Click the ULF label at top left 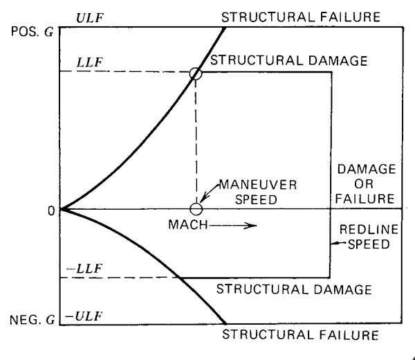pos(90,18)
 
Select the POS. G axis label pos(33,32)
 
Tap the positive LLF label pos(89,62)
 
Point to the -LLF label pos(84,269)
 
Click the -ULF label pos(84,316)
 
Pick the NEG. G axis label pos(33,320)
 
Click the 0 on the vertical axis pos(51,211)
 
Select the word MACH pos(188,224)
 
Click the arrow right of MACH pos(233,226)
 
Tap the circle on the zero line pos(196,203)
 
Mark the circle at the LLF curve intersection pos(196,68)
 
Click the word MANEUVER pos(258,185)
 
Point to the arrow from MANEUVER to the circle pos(208,192)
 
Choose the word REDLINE pos(369,229)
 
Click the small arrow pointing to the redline pos(339,243)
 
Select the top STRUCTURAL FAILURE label pos(301,17)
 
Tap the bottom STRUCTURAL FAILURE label pos(300,334)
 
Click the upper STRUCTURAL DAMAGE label pos(288,60)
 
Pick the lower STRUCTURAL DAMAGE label pos(294,289)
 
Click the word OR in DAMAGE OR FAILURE pos(364,184)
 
